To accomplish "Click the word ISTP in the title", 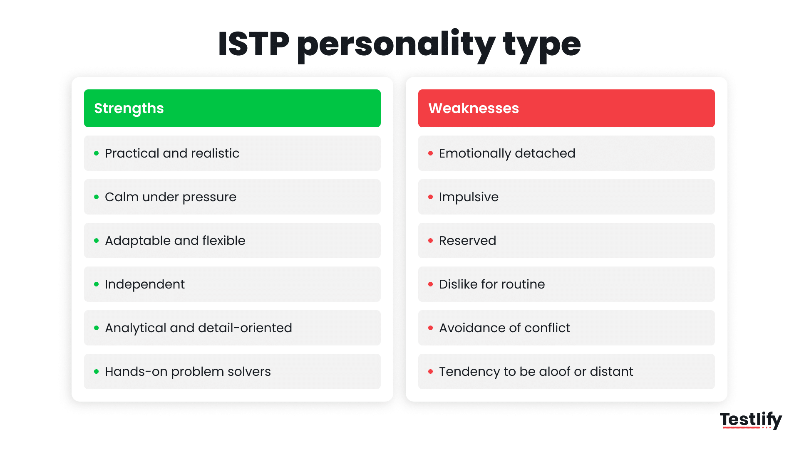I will pyautogui.click(x=253, y=44).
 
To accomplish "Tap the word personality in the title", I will pyautogui.click(x=396, y=45).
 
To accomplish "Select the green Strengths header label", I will pyautogui.click(x=129, y=109).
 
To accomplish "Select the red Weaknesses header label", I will pyautogui.click(x=474, y=108).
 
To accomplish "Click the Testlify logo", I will pyautogui.click(x=751, y=420).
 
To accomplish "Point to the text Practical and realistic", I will pyautogui.click(x=172, y=153).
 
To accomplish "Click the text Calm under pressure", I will pyautogui.click(x=170, y=197).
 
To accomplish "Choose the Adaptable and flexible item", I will pyautogui.click(x=175, y=241).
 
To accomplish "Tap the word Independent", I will pyautogui.click(x=144, y=284).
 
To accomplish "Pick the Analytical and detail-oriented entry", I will pyautogui.click(x=198, y=328).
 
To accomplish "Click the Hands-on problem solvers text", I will pyautogui.click(x=188, y=372).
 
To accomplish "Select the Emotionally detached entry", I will pyautogui.click(x=507, y=153).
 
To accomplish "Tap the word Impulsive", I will pyautogui.click(x=469, y=197).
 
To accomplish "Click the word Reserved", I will pyautogui.click(x=467, y=241).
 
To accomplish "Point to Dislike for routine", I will pyautogui.click(x=491, y=284).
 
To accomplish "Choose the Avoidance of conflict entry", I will pyautogui.click(x=504, y=328).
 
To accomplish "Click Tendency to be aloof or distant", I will pyautogui.click(x=536, y=372).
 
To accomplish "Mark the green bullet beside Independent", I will pyautogui.click(x=97, y=284).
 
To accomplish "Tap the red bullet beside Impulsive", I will pyautogui.click(x=431, y=197).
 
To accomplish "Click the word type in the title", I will pyautogui.click(x=541, y=45).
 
